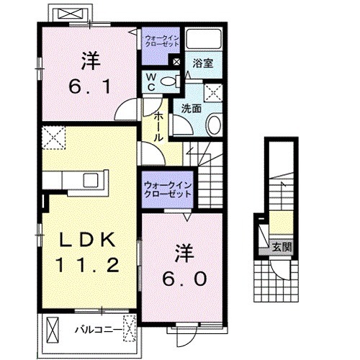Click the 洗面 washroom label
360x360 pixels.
pos(191,109)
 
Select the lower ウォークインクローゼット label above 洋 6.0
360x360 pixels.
pos(168,191)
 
